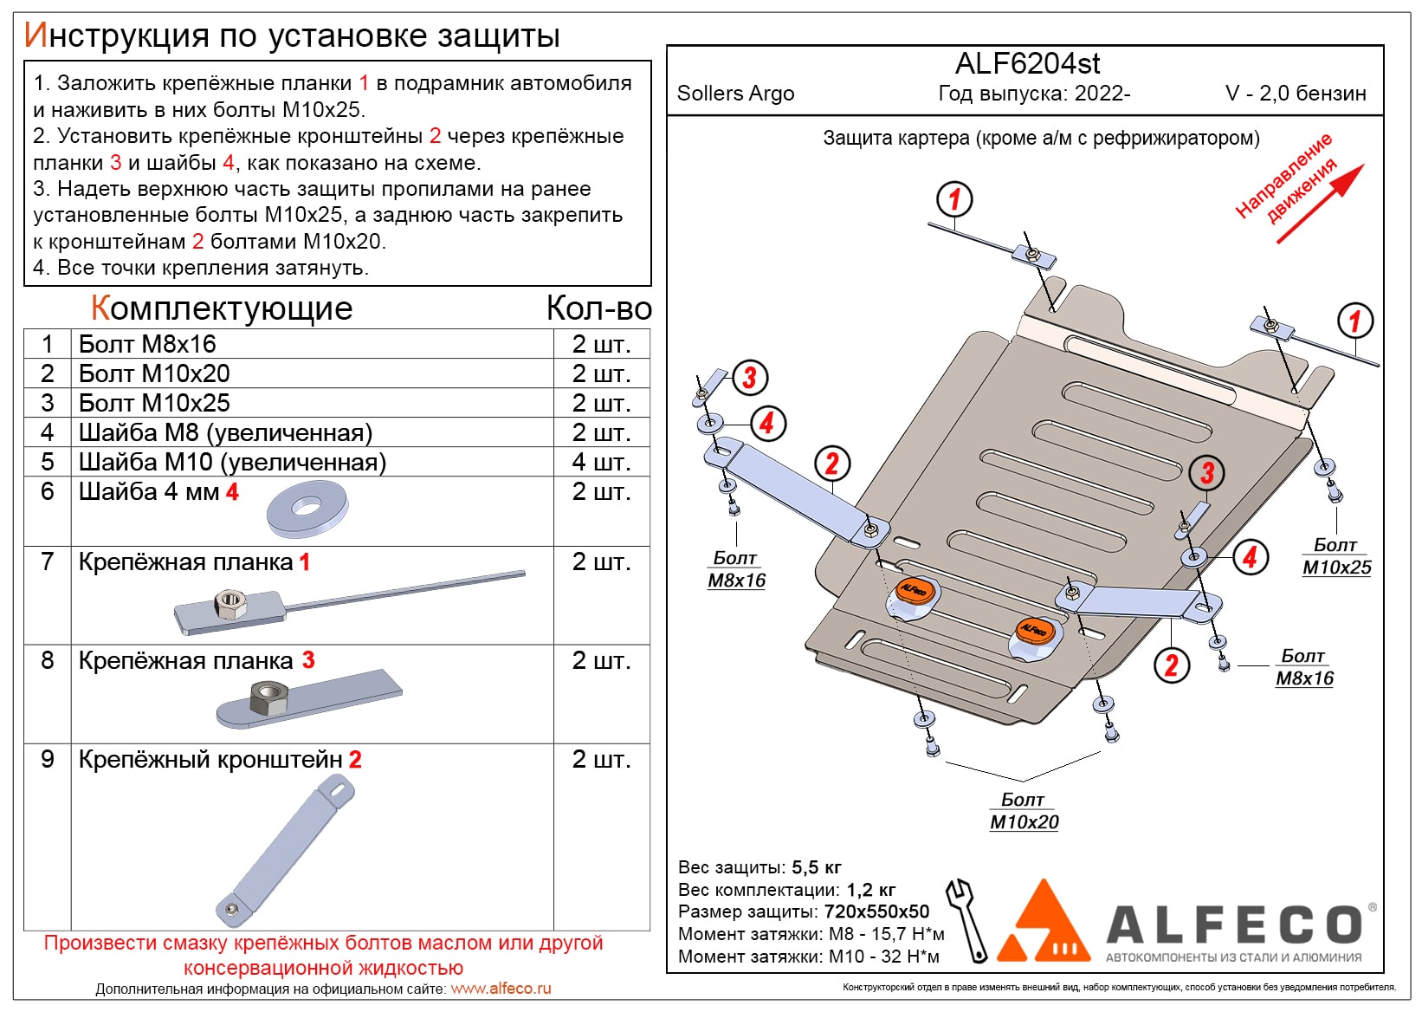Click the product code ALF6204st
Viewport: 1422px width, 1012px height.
pyautogui.click(x=1027, y=64)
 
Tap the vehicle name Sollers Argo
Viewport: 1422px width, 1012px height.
pyautogui.click(x=735, y=94)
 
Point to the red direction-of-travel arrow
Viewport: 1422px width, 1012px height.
pyautogui.click(x=1319, y=203)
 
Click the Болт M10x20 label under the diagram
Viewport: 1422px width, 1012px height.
pyautogui.click(x=1024, y=811)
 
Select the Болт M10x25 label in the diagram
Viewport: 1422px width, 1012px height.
pyautogui.click(x=1336, y=556)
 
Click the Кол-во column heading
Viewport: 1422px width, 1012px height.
pyautogui.click(x=598, y=308)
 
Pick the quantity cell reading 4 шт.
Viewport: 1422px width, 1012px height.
pyautogui.click(x=601, y=462)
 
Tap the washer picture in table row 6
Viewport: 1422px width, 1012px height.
pyautogui.click(x=307, y=509)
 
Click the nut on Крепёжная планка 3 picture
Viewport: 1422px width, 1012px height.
pyautogui.click(x=268, y=697)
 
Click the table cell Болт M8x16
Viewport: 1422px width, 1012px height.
pyautogui.click(x=147, y=344)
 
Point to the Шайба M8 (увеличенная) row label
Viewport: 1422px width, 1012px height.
pyautogui.click(x=225, y=432)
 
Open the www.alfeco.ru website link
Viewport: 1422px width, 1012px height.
pyautogui.click(x=501, y=989)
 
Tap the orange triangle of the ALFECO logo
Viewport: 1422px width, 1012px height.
pyautogui.click(x=1045, y=923)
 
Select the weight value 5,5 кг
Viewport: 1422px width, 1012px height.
pyautogui.click(x=816, y=867)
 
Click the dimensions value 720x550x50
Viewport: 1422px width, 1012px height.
pyautogui.click(x=876, y=911)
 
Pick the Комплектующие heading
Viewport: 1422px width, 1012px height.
pyautogui.click(x=222, y=308)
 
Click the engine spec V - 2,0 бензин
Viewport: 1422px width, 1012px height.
pyautogui.click(x=1296, y=94)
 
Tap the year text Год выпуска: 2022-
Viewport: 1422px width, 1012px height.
pyautogui.click(x=1034, y=94)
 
